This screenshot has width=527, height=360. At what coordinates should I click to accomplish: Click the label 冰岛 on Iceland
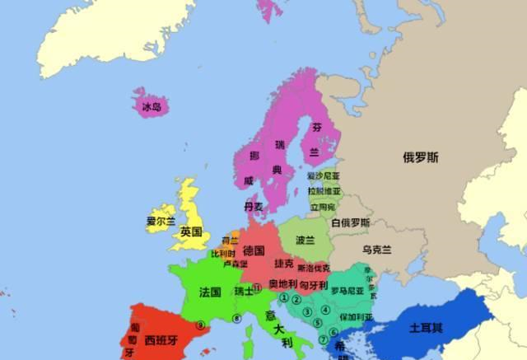[151, 107]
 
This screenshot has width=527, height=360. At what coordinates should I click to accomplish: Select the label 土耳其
[426, 327]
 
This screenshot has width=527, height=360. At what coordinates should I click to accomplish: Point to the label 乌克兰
[376, 250]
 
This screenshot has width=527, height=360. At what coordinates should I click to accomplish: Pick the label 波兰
[305, 241]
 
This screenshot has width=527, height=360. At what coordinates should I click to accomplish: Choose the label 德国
[254, 250]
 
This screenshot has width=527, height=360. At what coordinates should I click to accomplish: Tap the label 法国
[210, 292]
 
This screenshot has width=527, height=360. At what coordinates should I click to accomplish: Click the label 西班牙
[162, 339]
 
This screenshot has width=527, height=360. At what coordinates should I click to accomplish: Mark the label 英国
[191, 232]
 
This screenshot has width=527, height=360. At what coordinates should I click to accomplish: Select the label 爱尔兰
[161, 221]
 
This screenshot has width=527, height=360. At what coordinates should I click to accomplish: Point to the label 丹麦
[254, 206]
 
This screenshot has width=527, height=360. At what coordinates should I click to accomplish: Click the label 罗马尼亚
[347, 290]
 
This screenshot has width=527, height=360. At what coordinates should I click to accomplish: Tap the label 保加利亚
[354, 316]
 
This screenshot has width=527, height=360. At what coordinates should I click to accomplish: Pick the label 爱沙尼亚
[323, 175]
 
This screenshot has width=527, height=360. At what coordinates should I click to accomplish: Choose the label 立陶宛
[322, 206]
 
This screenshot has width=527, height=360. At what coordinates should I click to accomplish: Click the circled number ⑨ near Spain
[200, 325]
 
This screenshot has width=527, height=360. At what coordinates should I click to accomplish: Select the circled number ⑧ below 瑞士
[236, 318]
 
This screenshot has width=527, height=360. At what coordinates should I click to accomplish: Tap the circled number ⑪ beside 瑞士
[257, 288]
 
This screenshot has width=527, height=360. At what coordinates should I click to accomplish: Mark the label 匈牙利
[313, 284]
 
